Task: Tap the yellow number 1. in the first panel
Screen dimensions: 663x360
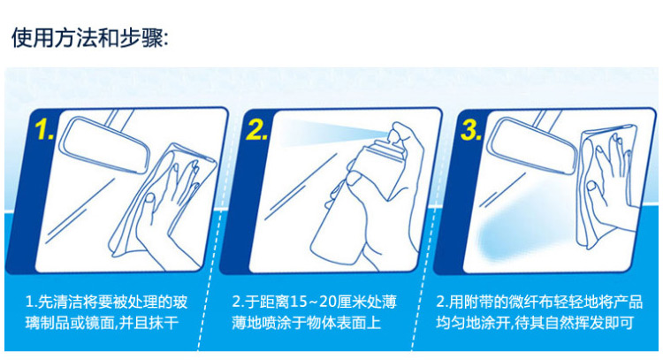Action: [x=44, y=129]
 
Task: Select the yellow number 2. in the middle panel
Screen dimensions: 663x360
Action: [x=256, y=129]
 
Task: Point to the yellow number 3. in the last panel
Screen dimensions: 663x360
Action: [x=471, y=129]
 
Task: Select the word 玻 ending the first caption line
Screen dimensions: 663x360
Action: [x=180, y=303]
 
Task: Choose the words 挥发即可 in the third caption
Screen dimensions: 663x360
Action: [x=604, y=324]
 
